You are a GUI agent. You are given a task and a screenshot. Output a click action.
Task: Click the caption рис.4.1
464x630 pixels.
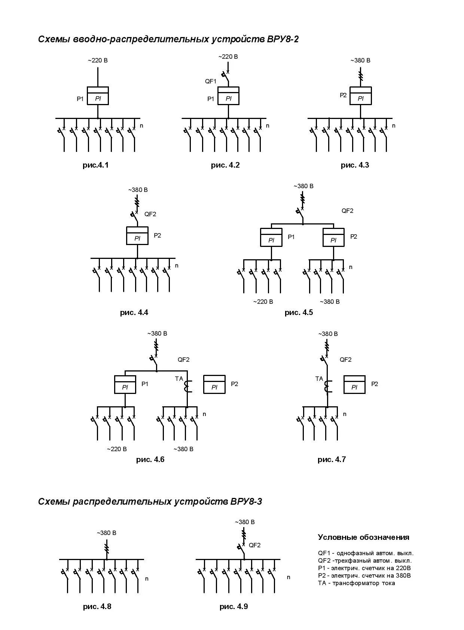click(x=95, y=165)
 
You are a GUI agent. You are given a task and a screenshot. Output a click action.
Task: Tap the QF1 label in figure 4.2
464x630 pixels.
click(x=211, y=81)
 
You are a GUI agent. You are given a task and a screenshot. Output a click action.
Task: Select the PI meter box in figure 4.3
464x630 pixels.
click(x=360, y=96)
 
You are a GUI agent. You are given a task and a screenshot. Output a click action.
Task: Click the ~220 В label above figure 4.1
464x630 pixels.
click(x=98, y=60)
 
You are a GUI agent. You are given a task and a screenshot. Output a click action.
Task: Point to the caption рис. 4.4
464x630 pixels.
click(x=134, y=312)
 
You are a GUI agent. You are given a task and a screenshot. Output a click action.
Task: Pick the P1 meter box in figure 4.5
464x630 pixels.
click(x=271, y=237)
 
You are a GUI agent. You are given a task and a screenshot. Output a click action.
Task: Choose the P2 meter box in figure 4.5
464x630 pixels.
click(x=333, y=237)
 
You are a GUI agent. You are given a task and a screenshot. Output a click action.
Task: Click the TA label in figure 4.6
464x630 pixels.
click(x=179, y=379)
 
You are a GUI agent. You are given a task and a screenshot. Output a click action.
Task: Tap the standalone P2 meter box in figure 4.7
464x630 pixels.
click(x=354, y=384)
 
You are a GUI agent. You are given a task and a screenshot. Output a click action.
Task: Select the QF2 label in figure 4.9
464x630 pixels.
click(x=254, y=545)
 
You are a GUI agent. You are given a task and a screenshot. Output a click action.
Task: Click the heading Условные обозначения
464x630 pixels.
click(x=363, y=537)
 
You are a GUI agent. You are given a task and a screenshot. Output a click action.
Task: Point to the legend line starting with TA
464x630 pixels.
click(x=356, y=583)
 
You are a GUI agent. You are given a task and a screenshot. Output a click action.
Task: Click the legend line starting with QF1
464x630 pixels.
click(x=366, y=553)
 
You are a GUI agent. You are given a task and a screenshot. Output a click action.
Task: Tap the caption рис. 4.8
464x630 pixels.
click(x=97, y=606)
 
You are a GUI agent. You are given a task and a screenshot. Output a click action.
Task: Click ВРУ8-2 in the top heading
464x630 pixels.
click(x=283, y=39)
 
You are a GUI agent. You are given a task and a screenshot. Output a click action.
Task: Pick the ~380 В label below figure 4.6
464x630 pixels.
click(x=183, y=449)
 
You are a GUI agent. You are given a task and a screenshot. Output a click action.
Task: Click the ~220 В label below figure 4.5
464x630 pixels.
click(x=263, y=302)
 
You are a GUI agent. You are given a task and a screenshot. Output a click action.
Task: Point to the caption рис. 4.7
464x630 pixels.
click(x=332, y=459)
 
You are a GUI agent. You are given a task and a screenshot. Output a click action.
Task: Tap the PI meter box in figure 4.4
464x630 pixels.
click(x=137, y=236)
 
